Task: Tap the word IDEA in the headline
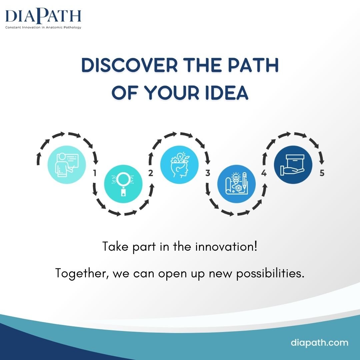coord(227,93)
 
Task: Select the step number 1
coord(95,173)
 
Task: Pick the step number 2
coord(151,173)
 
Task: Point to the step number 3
coord(208,173)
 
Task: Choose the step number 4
coord(264,173)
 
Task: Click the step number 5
coord(322,173)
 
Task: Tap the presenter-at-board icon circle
coord(67,165)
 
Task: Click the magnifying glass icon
coord(123,184)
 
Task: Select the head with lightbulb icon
coord(180,165)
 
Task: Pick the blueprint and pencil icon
coord(236,184)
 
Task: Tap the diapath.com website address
coord(320,343)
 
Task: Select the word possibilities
coord(270,274)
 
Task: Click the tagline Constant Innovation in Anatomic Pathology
coord(43,27)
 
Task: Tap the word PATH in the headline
coord(253,65)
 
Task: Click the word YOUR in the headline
coord(172,93)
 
